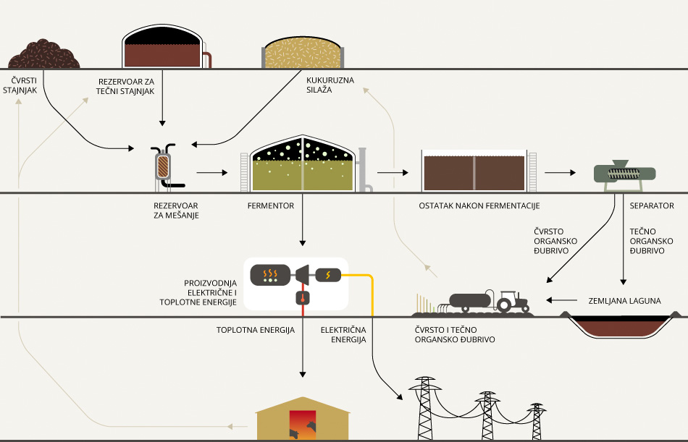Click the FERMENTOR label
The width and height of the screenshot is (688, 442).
pyautogui.click(x=271, y=206)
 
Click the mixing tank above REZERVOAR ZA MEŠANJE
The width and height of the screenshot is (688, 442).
pyautogui.click(x=164, y=166)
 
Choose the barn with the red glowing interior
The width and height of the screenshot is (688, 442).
pyautogui.click(x=302, y=422)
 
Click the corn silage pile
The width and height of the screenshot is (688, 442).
pyautogui.click(x=301, y=51)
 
